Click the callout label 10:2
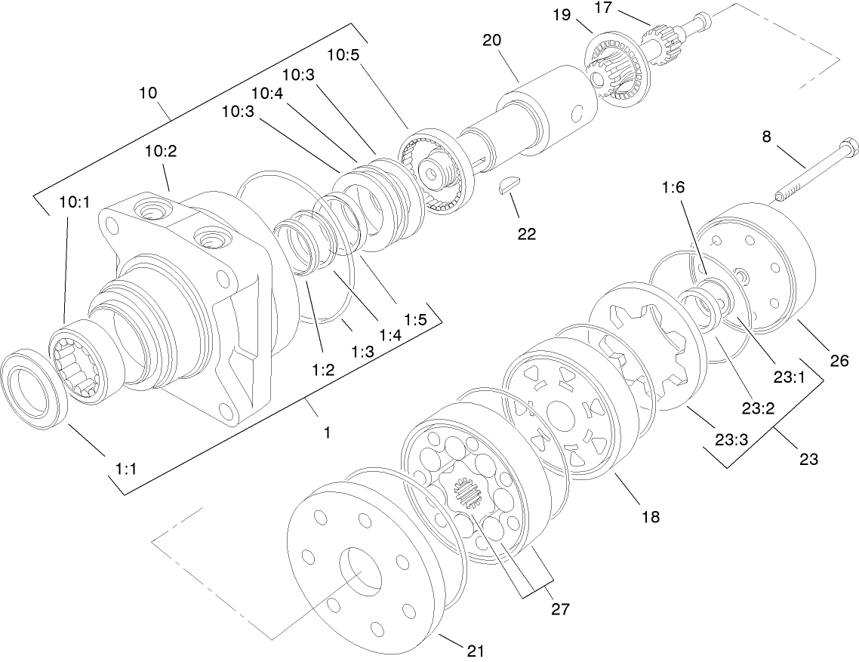[160, 152]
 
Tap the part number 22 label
[526, 233]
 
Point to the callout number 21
[476, 650]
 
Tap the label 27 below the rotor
[559, 608]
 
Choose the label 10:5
[344, 55]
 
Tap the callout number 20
[492, 41]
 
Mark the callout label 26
[839, 361]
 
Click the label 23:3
[730, 439]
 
